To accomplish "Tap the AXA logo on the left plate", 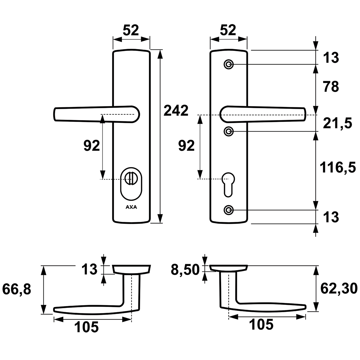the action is pos(131,207).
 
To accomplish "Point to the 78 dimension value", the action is pos(331,87).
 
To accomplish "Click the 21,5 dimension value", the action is pos(337,123).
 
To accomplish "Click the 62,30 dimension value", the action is pos(339,289).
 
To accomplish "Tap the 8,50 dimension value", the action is pos(185,270).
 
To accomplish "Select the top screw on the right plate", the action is pos(228,65).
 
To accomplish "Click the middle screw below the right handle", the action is pos(228,131).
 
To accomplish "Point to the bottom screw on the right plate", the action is pos(228,210).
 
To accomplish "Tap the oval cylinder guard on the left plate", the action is pos(131,184).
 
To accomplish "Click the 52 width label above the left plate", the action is pos(131,30).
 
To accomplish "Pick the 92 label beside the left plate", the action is pos(92,146).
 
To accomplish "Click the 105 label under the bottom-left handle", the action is pos(86,327).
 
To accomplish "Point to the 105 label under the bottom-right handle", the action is pos(261,325).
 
